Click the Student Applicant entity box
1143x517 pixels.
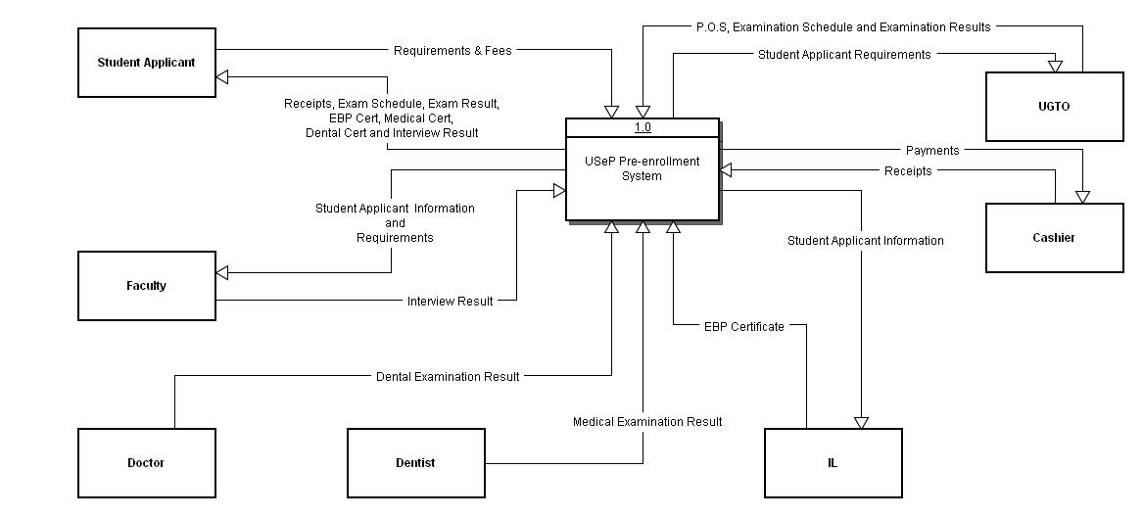(146, 63)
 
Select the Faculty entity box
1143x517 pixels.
(146, 286)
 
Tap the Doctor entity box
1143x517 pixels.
(146, 463)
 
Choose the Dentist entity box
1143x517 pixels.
(415, 463)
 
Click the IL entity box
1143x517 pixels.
(833, 463)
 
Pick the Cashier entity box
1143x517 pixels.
(1054, 238)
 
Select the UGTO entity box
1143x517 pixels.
(1054, 107)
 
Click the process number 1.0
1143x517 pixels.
(643, 127)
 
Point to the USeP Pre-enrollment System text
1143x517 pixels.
(642, 168)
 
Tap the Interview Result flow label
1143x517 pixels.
(450, 302)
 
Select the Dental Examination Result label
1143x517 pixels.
(448, 377)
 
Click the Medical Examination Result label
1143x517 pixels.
(647, 422)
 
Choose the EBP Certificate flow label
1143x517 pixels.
(743, 327)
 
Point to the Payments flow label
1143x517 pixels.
(931, 151)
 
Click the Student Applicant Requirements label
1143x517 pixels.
(843, 55)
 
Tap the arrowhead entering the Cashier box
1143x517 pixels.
(1082, 197)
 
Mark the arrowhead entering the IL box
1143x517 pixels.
(861, 422)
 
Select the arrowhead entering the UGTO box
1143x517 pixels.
(1055, 66)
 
